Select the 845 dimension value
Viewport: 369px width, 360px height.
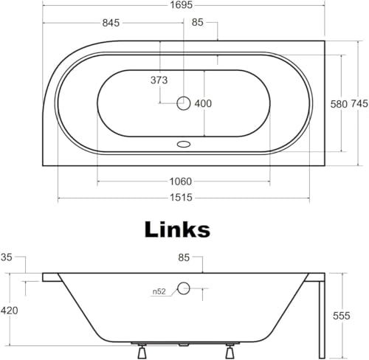click(x=111, y=23)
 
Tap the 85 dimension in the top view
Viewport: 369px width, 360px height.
click(x=198, y=23)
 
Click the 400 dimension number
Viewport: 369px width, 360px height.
click(x=203, y=103)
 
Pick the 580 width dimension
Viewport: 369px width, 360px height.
click(x=339, y=104)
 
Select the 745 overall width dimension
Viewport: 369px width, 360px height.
click(x=359, y=104)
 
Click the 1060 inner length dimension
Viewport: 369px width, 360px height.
click(x=181, y=181)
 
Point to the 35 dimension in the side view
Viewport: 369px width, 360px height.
click(x=7, y=257)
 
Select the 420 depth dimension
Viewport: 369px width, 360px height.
click(x=9, y=311)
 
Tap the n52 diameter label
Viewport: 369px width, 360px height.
click(x=159, y=291)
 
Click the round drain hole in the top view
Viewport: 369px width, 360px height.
click(x=184, y=103)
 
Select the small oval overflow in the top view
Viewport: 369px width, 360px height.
click(x=184, y=145)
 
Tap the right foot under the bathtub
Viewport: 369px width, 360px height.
click(x=230, y=351)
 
